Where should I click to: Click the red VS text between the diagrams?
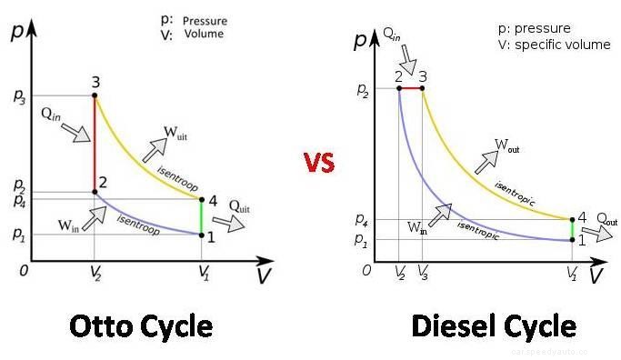319,163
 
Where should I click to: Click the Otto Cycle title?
140,325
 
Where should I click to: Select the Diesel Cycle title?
495,325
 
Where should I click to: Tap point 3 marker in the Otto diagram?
95,95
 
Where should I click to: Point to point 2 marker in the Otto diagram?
95,191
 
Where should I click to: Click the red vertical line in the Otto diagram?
95,144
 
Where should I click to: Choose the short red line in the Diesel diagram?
411,88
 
